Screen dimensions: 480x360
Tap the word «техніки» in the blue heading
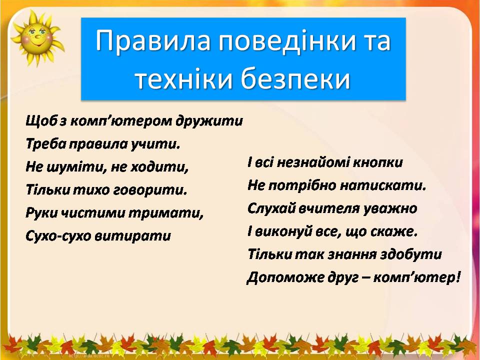(x=182, y=78)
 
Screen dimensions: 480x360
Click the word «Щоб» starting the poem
(x=41, y=121)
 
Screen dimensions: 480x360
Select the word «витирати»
(x=132, y=236)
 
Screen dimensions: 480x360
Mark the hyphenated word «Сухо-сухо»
(x=58, y=236)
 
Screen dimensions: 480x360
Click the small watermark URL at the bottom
(x=89, y=356)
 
